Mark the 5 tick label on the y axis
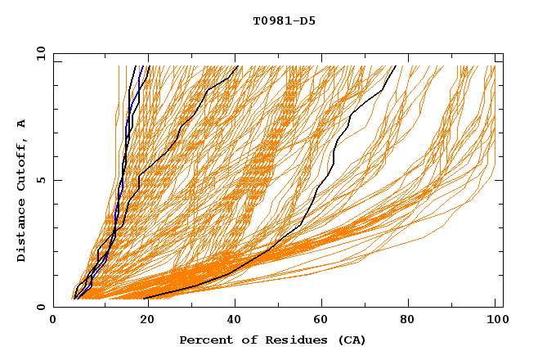(40, 180)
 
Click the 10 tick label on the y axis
(37, 53)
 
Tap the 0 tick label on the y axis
(40, 307)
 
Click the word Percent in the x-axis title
(203, 340)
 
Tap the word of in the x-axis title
(243, 340)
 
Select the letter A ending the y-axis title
(21, 123)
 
